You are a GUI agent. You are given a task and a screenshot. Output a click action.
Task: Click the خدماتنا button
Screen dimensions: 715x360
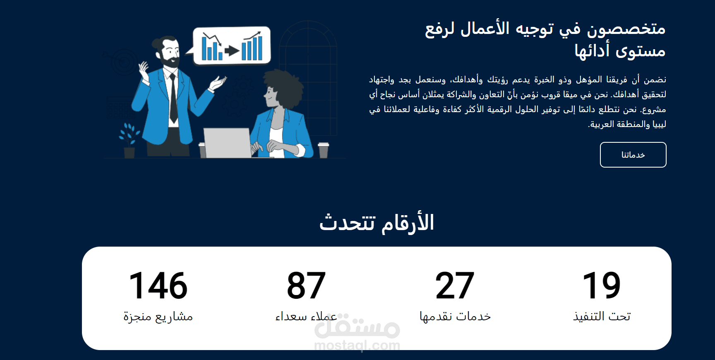633,155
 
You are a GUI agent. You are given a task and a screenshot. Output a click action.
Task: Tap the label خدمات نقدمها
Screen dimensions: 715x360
455,317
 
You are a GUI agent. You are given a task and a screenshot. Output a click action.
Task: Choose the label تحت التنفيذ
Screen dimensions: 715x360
602,317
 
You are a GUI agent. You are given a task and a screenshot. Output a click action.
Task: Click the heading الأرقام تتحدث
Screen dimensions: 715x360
377,223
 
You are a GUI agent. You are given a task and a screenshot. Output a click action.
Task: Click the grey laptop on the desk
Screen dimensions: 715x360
227,143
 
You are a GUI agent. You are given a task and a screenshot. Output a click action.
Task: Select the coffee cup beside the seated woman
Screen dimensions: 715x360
324,150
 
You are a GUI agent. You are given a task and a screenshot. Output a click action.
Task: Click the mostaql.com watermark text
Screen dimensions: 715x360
357,345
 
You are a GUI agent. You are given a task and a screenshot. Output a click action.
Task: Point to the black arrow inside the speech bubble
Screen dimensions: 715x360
232,51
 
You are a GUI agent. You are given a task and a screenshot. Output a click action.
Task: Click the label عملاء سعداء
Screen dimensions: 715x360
306,317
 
